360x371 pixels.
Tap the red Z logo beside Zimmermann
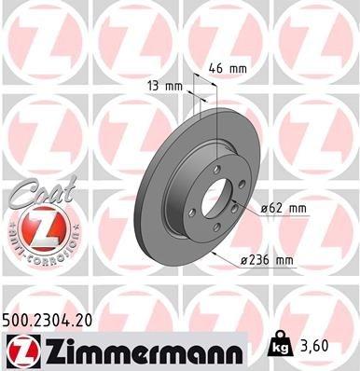19,350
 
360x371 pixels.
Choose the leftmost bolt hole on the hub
190,211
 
